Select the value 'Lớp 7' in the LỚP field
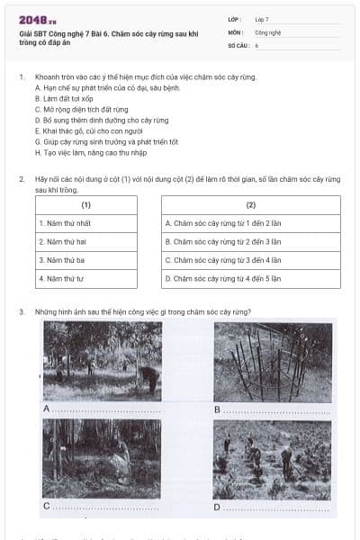point(262,19)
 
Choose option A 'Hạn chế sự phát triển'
point(100,88)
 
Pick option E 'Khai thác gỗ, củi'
point(90,131)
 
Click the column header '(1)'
point(86,205)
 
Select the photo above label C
point(102,458)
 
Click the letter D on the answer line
point(217,507)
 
